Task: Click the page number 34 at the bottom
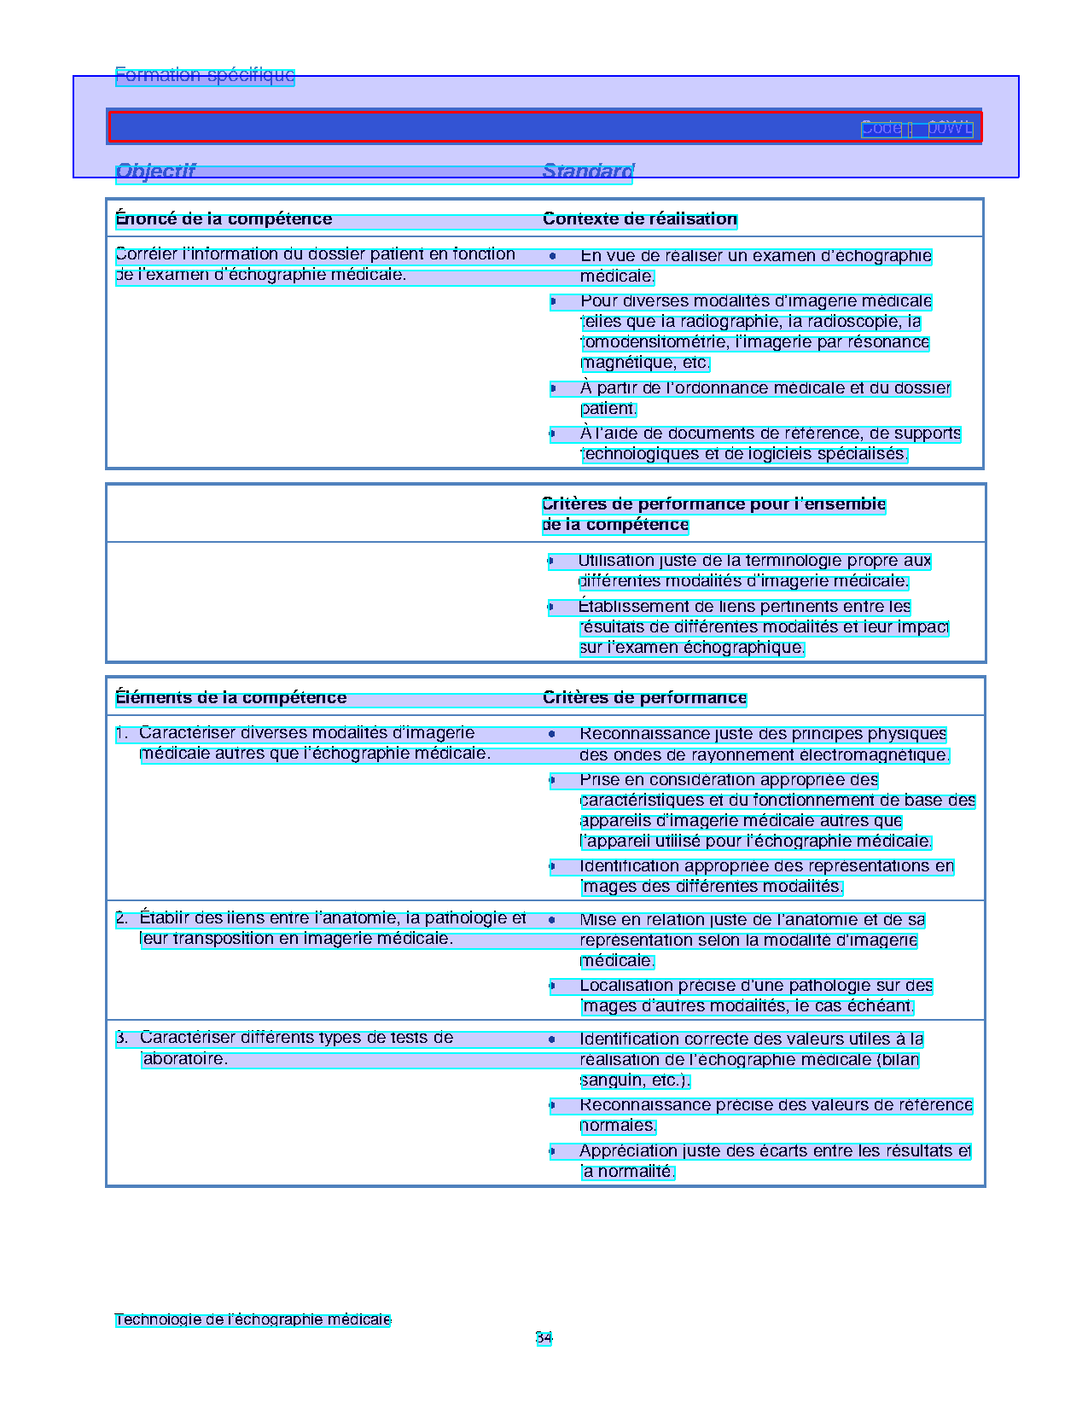pos(544,1337)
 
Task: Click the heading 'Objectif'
pos(155,172)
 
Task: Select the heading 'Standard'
pos(587,172)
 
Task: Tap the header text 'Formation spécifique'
pos(205,75)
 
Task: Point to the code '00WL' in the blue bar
pos(950,128)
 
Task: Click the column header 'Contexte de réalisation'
pos(640,219)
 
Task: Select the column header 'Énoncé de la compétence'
pos(224,219)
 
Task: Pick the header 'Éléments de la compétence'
pos(231,698)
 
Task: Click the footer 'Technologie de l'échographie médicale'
pos(253,1319)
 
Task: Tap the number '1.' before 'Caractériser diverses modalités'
pos(122,733)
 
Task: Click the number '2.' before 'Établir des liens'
pos(122,918)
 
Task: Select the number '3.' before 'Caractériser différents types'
pos(122,1038)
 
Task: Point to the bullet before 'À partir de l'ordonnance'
pos(553,388)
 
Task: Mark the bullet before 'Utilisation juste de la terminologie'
pos(550,561)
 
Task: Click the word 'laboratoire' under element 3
pos(183,1059)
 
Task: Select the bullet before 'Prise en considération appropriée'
pos(552,780)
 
